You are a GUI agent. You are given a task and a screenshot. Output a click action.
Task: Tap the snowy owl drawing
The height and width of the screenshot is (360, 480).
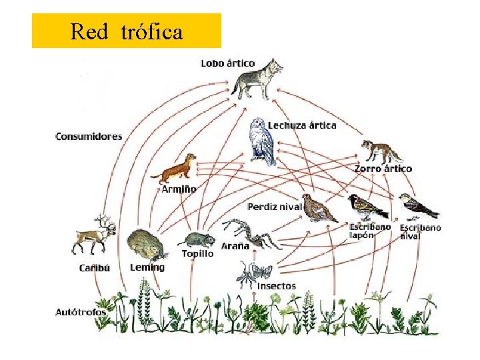tap(262, 141)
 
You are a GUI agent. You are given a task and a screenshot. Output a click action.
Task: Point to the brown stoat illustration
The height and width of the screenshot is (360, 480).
tap(175, 171)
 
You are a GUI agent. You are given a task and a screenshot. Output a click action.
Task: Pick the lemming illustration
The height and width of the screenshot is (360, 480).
tap(145, 245)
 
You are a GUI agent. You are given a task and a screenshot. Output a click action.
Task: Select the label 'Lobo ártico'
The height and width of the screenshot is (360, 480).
tap(227, 63)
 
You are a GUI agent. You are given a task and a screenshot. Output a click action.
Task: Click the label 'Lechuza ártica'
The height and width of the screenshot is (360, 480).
tap(302, 125)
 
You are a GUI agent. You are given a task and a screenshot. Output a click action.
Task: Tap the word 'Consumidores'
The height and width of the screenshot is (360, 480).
tap(89, 137)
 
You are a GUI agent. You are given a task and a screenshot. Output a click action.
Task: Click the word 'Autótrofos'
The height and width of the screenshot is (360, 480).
tap(81, 311)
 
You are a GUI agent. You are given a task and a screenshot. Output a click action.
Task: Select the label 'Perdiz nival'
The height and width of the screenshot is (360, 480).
tap(274, 207)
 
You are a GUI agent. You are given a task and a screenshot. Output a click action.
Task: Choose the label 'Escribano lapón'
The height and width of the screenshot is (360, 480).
tap(370, 231)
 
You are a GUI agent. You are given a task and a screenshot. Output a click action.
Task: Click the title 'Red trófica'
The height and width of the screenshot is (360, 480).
tap(126, 31)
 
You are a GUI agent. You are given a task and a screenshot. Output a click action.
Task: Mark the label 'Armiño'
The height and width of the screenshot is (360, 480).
tap(179, 189)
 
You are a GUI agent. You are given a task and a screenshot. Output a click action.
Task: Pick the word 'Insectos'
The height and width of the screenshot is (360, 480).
tap(276, 286)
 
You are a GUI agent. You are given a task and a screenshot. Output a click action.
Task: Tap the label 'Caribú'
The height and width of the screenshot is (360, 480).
tap(94, 268)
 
